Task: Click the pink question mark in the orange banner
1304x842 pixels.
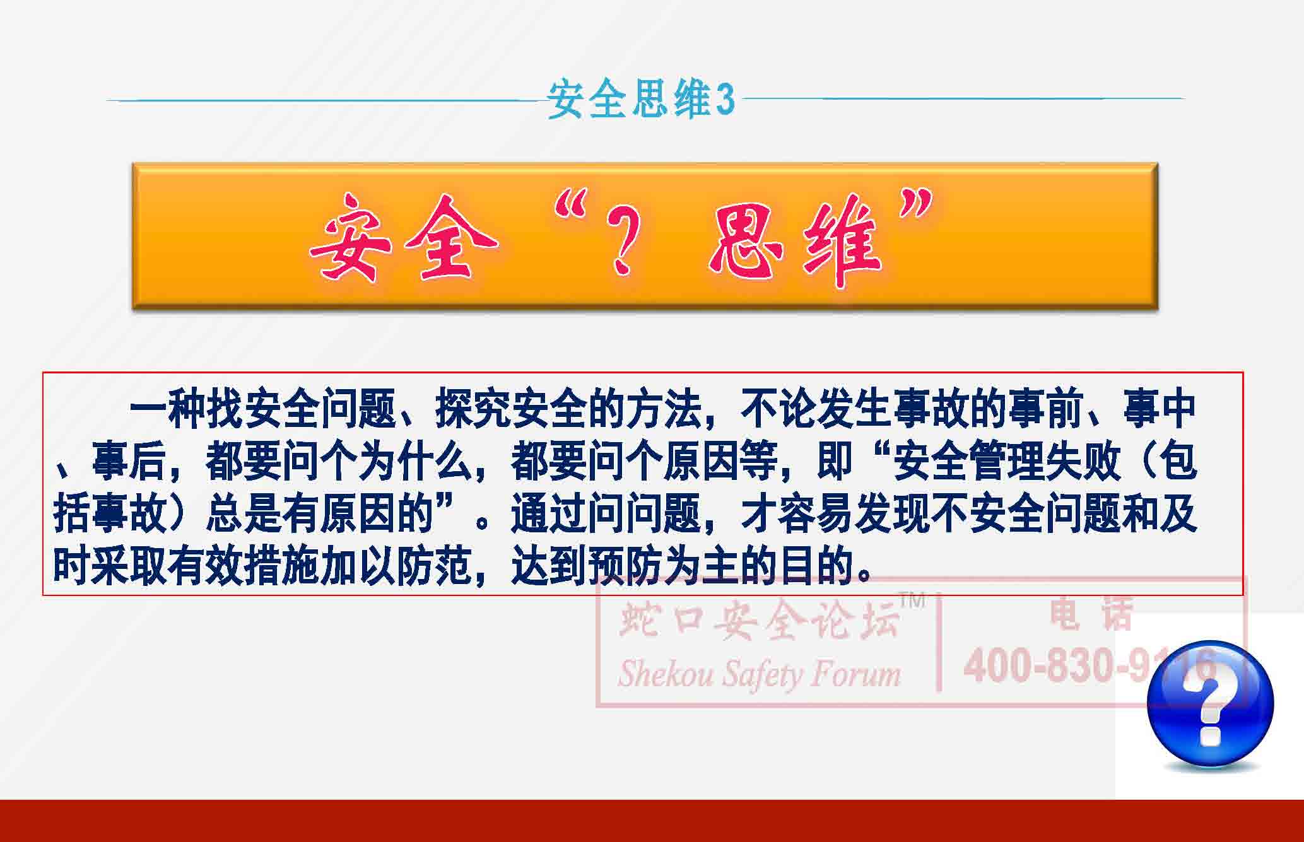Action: click(x=622, y=243)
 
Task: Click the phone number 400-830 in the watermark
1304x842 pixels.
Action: click(x=1047, y=666)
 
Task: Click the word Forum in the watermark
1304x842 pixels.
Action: click(x=855, y=673)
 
